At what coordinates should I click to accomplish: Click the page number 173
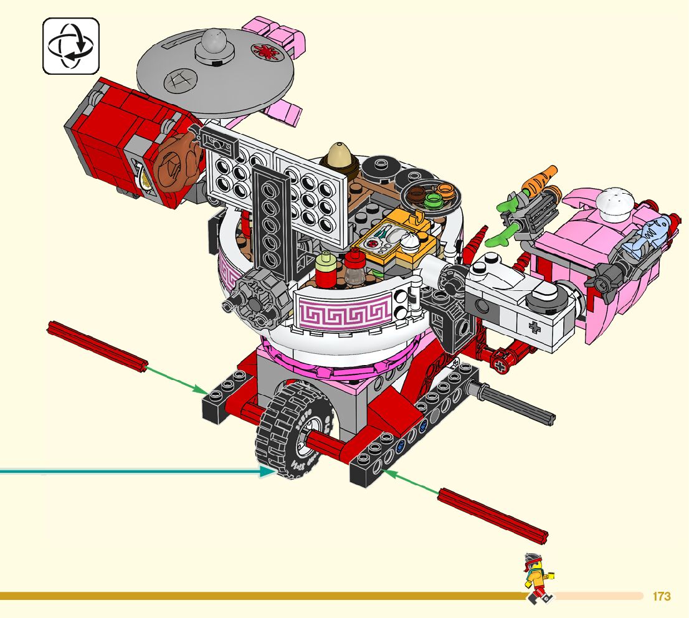coord(662,596)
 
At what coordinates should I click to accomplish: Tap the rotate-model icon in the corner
coord(71,45)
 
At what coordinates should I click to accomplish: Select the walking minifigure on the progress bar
coord(539,578)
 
